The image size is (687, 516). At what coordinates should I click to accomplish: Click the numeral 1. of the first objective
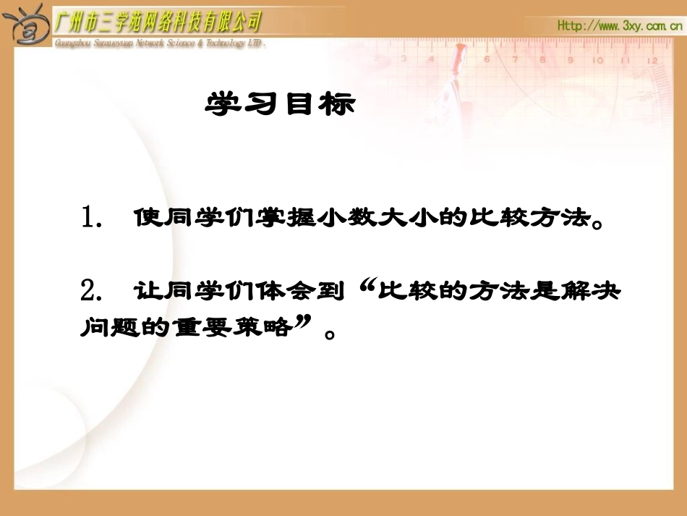95,218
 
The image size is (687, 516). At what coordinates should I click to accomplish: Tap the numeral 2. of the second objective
95,292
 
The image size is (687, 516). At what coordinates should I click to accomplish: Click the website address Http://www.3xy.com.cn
620,25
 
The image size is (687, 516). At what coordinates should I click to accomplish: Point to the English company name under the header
160,43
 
